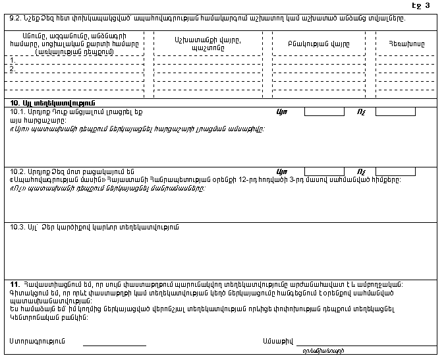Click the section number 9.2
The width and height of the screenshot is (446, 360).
coord(14,18)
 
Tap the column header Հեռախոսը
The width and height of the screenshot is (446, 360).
coord(407,43)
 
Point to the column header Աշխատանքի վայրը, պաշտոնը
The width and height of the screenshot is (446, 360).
coord(209,43)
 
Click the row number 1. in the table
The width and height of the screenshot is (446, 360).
coord(13,60)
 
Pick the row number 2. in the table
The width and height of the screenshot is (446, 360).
coord(13,69)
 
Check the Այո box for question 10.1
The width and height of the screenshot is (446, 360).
coord(325,111)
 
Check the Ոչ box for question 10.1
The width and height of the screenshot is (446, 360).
coord(395,111)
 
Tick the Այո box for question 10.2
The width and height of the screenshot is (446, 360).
coord(325,171)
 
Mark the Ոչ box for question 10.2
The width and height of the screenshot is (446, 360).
coord(395,171)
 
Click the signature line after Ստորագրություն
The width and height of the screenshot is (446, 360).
coord(114,343)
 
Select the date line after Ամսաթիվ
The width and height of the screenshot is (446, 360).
coord(365,343)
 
